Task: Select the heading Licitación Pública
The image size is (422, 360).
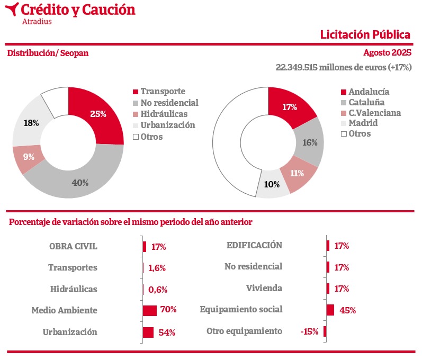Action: click(x=365, y=35)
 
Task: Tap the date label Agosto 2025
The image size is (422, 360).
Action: click(x=387, y=53)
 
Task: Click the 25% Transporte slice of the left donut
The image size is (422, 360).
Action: click(x=101, y=113)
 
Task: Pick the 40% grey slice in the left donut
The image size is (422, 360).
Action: click(x=79, y=181)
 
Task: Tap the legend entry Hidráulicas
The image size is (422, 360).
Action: click(x=164, y=114)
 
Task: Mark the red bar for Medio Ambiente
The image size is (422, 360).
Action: click(x=150, y=310)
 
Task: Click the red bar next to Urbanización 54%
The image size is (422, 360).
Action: click(x=148, y=332)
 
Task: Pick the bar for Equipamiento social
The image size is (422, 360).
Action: click(x=330, y=310)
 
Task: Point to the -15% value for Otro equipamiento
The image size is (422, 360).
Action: click(x=309, y=331)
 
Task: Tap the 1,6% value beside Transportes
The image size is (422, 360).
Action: click(x=157, y=268)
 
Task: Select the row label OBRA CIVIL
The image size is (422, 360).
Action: click(x=73, y=246)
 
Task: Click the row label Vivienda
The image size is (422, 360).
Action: click(x=264, y=289)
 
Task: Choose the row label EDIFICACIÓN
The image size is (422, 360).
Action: click(x=254, y=245)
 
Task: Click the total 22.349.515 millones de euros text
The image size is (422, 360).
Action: click(x=344, y=68)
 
